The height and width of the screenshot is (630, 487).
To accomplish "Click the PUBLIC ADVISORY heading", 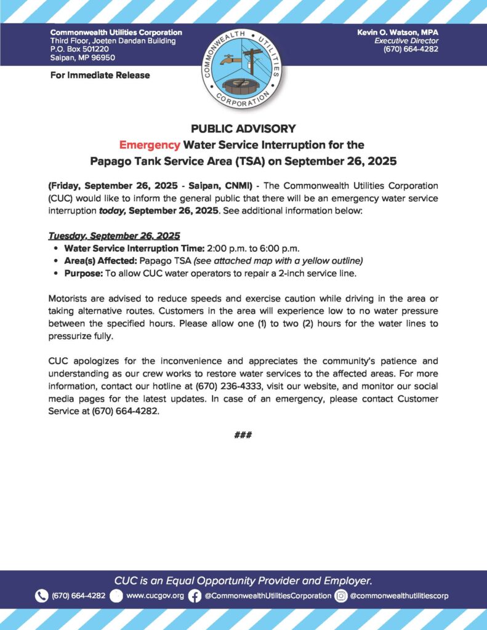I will [243, 129].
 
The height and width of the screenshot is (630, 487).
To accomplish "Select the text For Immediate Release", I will [100, 75].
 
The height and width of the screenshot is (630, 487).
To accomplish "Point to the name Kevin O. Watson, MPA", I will [398, 32].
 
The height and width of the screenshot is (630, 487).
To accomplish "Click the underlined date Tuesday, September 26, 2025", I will [113, 236].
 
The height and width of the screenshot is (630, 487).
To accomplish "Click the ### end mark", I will [243, 435].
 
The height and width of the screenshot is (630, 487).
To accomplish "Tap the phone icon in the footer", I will [41, 596].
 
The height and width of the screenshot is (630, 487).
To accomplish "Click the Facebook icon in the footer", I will [195, 596].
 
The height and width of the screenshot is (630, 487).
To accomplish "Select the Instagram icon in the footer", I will [340, 596].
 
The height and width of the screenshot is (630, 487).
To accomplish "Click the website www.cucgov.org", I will [155, 596].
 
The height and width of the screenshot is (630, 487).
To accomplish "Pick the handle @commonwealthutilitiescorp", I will [400, 596].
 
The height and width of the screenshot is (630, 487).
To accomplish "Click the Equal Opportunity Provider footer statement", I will [243, 580].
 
